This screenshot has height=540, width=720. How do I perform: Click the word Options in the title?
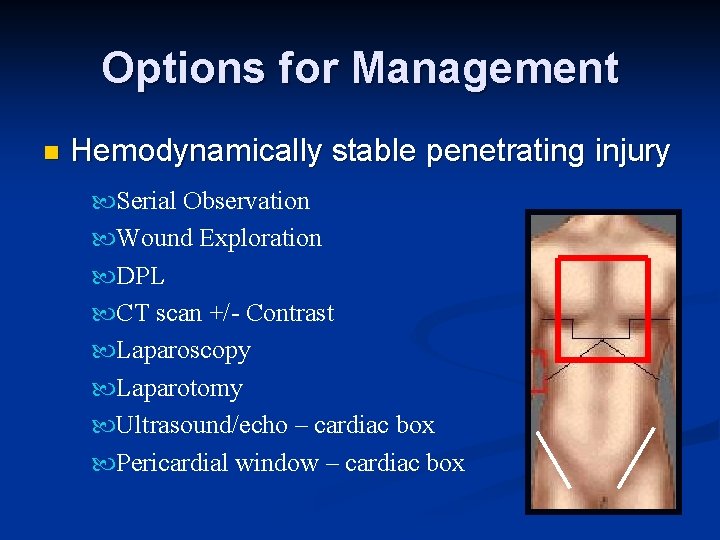170,69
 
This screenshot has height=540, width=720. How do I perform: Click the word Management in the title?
485,69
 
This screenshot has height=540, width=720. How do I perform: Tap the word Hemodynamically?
196,152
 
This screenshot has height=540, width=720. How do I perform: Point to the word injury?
627,152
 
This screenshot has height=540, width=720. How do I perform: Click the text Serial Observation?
213,201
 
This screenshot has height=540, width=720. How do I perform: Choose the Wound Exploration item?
219,238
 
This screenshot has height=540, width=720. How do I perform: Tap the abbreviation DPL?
140,276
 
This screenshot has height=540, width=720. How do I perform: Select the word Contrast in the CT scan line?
290,313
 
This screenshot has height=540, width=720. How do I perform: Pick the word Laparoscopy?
183,351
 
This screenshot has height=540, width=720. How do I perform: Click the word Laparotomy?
179,388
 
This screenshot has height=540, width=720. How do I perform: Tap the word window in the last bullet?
268,463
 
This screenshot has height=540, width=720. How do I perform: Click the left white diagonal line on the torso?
552,458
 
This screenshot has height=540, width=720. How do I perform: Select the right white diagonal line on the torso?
636,457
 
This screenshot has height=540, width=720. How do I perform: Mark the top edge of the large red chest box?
603,259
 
